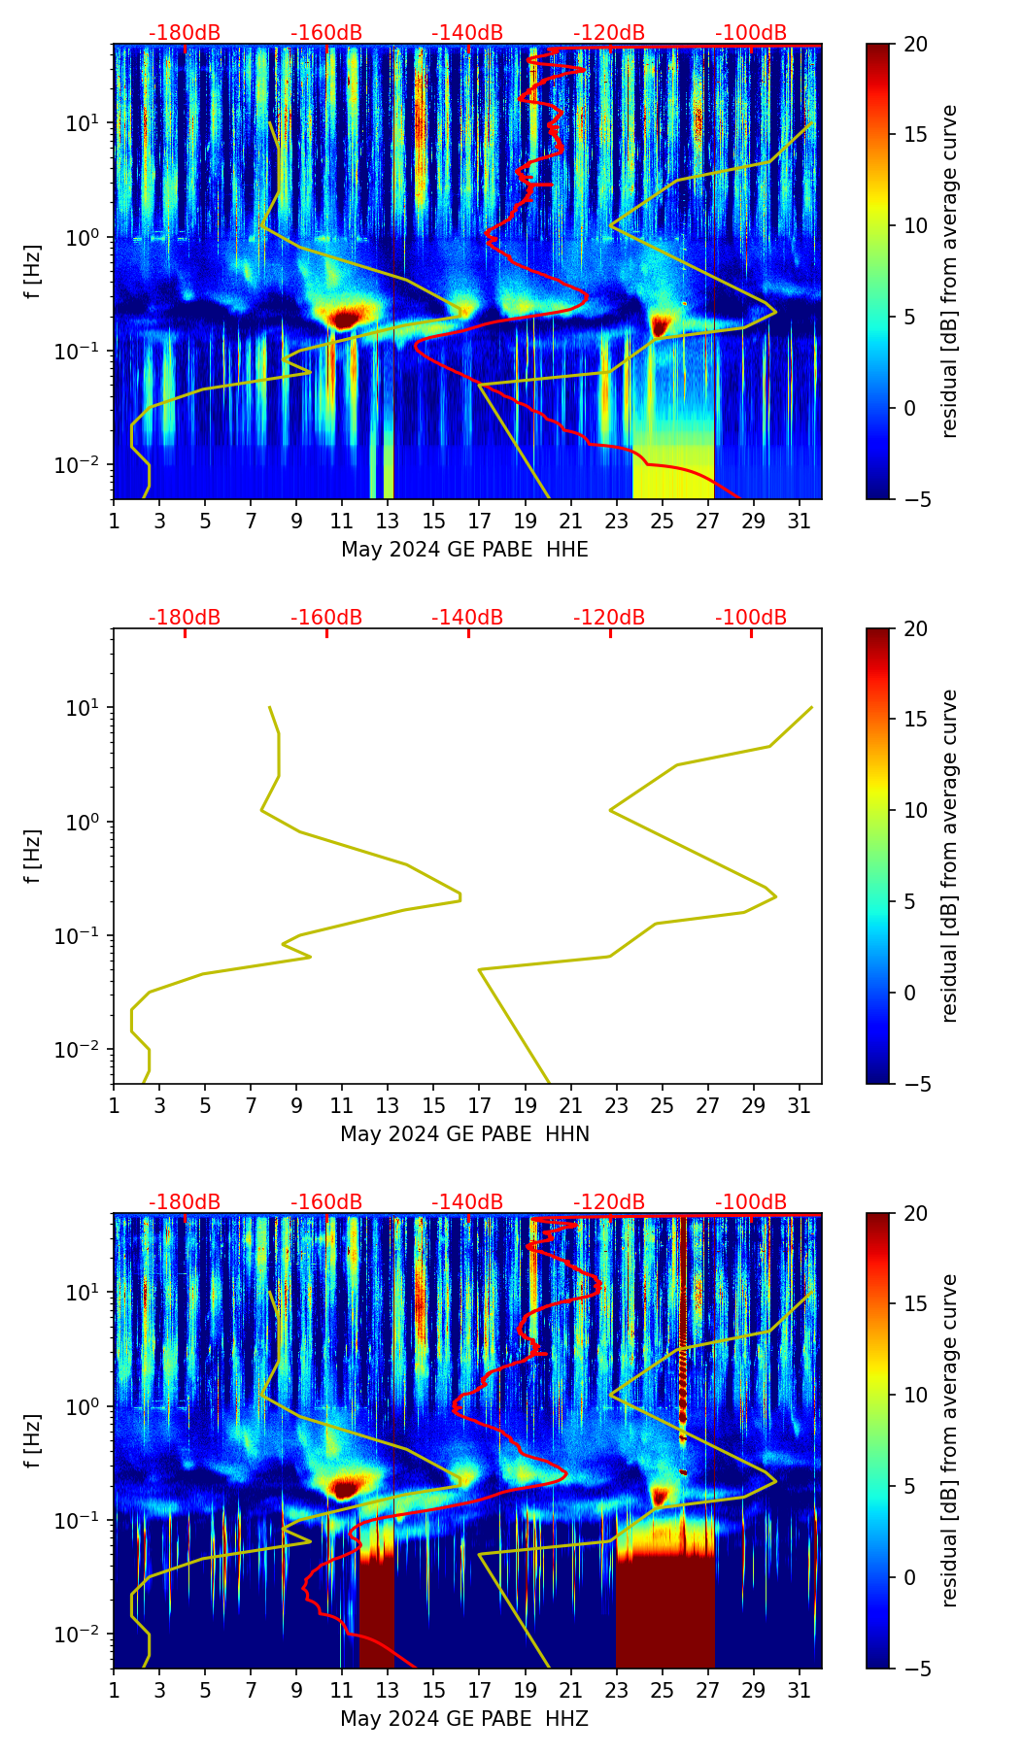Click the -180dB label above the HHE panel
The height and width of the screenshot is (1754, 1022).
coord(185,33)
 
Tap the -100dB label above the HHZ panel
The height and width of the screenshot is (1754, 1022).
coord(751,1202)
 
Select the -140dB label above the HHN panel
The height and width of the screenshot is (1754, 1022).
coord(467,618)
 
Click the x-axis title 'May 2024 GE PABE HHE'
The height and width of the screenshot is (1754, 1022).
coord(464,550)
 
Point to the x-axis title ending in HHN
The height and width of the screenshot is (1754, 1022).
coord(464,1134)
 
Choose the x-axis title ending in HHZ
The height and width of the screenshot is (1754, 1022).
coord(464,1719)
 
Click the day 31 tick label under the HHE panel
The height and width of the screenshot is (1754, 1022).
coord(800,522)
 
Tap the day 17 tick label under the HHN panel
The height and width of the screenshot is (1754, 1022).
coord(479,1106)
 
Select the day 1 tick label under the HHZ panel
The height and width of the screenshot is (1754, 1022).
coord(114,1691)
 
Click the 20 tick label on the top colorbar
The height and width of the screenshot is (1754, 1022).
coord(917,45)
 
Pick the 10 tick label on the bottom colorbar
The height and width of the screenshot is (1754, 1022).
coord(917,1395)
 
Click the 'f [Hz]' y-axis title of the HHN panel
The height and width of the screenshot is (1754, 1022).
coord(33,856)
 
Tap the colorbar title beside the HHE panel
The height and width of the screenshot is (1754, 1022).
coord(949,271)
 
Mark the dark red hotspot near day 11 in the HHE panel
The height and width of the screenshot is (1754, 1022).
coord(346,317)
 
